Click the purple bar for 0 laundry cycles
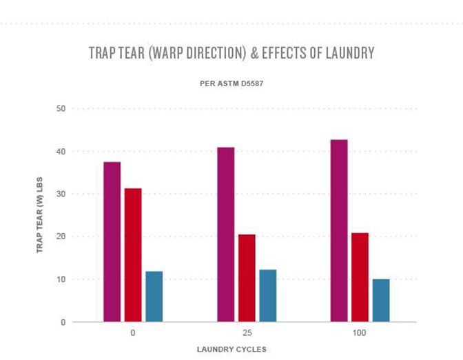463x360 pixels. click(x=112, y=241)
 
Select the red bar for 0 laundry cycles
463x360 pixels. click(x=133, y=254)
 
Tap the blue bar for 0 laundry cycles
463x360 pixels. click(x=154, y=297)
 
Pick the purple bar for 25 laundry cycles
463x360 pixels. click(x=226, y=234)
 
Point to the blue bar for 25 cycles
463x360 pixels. click(x=267, y=295)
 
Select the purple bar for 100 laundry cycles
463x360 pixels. click(x=339, y=230)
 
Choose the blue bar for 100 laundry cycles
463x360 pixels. click(x=381, y=300)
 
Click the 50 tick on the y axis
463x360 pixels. click(x=61, y=109)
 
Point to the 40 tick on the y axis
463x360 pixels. click(x=61, y=152)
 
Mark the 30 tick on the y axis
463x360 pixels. click(x=61, y=194)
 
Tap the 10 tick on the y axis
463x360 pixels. click(x=61, y=279)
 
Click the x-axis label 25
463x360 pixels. click(x=247, y=333)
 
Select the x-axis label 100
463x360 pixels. click(x=360, y=333)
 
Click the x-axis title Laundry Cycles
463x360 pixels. click(x=231, y=349)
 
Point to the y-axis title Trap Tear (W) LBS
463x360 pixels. click(x=41, y=215)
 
